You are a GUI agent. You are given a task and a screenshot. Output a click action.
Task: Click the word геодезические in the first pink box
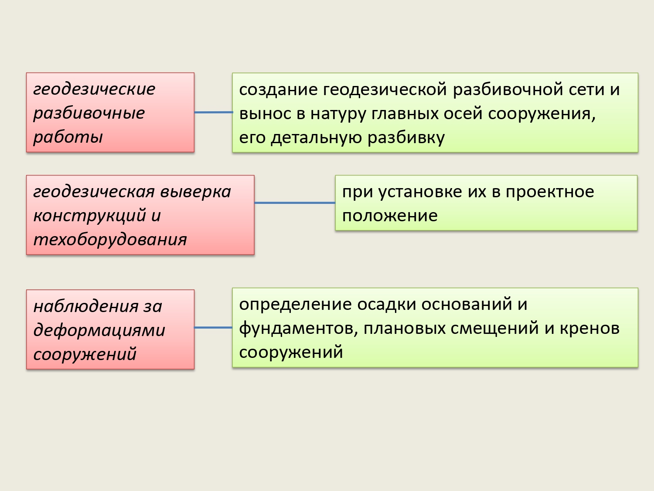94,89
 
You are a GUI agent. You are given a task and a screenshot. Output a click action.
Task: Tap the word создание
278,89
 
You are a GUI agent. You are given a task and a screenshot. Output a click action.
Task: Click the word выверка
196,192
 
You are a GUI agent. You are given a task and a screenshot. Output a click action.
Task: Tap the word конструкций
90,215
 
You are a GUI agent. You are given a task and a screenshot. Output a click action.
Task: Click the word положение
390,216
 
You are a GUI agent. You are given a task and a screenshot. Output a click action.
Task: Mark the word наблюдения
86,306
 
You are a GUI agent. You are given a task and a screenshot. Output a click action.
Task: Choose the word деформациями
99,330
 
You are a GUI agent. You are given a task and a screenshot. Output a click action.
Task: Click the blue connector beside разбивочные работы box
213,113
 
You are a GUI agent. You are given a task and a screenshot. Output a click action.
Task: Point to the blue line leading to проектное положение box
295,203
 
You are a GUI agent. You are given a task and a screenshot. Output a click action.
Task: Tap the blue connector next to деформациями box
213,328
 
